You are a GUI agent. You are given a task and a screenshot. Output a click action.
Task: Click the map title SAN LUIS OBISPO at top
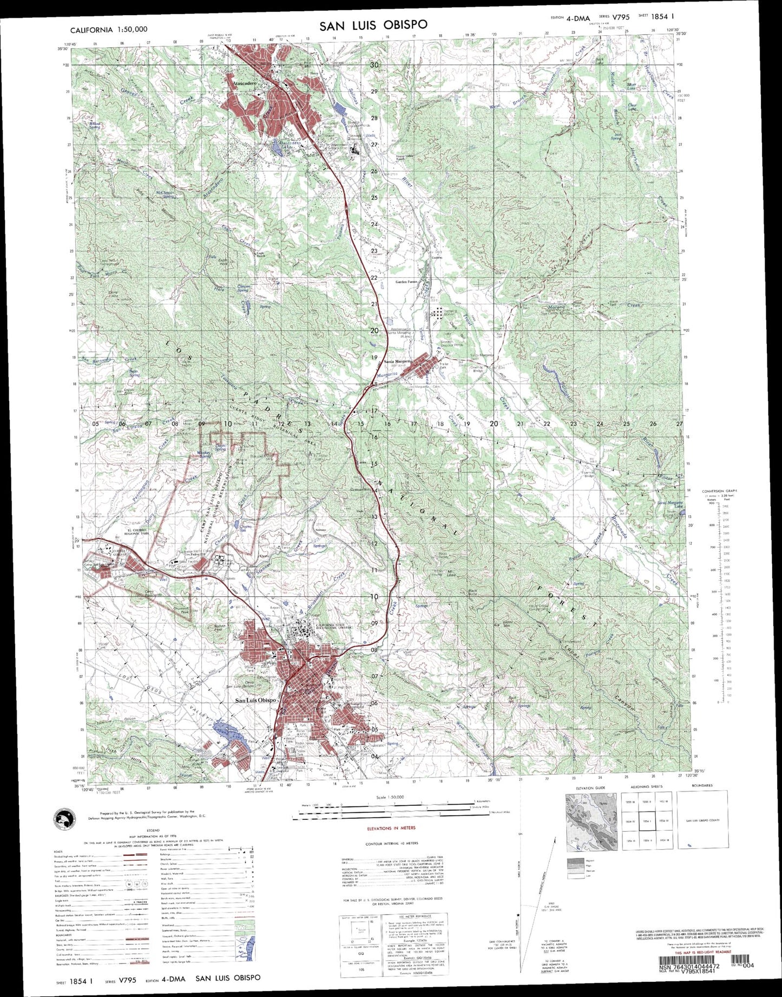(373, 25)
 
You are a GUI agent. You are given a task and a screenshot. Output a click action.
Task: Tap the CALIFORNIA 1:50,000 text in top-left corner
(109, 30)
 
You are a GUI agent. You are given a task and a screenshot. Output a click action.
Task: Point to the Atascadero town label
(245, 84)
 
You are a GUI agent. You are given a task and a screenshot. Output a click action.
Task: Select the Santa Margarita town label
(398, 361)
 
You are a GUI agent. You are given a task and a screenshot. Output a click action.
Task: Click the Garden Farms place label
(407, 282)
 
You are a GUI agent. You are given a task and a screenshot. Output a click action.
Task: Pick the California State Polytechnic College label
(334, 627)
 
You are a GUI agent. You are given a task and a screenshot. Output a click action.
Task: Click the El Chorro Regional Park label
(137, 532)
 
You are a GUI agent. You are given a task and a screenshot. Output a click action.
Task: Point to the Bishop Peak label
(219, 627)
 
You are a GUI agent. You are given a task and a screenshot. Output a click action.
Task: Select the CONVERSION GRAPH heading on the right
(719, 491)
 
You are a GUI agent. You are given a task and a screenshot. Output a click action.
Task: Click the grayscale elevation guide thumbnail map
(591, 822)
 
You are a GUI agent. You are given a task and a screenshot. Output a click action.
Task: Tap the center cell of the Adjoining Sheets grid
(646, 821)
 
